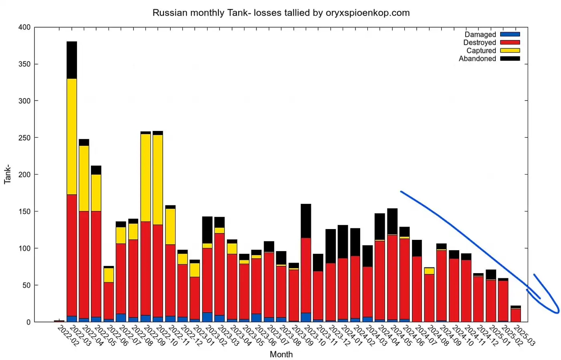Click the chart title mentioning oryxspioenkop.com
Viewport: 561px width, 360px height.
click(281, 13)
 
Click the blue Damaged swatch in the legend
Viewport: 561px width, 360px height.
click(510, 34)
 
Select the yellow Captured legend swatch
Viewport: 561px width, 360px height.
click(510, 50)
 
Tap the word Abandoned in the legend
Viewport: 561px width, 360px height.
click(477, 59)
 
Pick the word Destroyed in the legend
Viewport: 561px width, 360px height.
click(479, 42)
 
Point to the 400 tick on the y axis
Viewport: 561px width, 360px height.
click(24, 27)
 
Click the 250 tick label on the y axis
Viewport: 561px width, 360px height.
click(24, 138)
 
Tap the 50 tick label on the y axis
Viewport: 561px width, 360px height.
click(26, 285)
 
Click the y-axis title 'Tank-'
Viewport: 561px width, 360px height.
click(7, 174)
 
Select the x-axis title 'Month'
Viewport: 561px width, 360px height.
click(281, 354)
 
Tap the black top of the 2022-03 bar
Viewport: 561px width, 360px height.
click(72, 60)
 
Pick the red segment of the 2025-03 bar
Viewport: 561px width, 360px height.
click(515, 315)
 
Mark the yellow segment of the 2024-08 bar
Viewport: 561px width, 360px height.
click(429, 271)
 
